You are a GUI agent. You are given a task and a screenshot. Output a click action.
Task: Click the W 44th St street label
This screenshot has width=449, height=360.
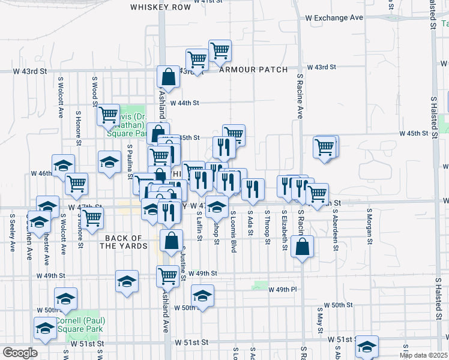(184, 103)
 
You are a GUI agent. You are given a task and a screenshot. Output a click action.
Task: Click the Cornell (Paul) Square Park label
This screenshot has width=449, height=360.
(82, 324)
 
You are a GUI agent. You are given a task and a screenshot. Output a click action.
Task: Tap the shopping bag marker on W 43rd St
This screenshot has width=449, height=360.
(169, 76)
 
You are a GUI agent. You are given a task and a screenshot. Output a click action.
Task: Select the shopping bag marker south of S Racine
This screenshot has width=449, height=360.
(302, 245)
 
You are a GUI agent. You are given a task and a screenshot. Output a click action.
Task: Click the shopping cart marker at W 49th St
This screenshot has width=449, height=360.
(167, 276)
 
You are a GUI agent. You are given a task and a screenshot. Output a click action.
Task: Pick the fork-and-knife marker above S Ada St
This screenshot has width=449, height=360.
(253, 188)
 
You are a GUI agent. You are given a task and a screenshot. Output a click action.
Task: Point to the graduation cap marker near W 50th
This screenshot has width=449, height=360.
(202, 296)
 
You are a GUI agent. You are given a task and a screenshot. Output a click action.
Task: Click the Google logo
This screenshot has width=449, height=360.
(20, 353)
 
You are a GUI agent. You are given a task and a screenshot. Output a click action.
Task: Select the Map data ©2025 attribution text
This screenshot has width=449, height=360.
(424, 355)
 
